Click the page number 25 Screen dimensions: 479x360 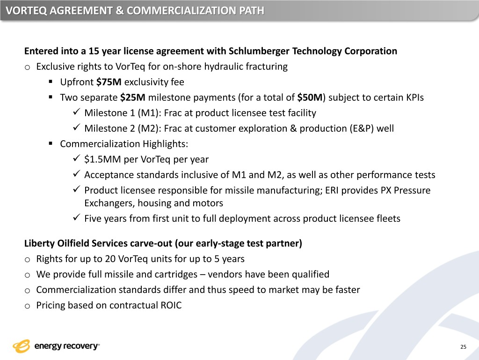coord(463,347)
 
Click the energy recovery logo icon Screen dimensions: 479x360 coord(22,346)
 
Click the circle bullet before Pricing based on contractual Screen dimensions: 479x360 coord(28,306)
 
